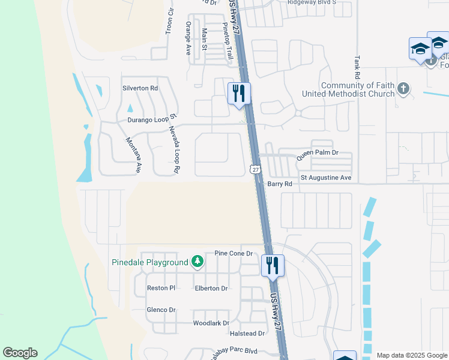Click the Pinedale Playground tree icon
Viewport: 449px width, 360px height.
point(197,262)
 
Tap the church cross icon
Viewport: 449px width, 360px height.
point(403,89)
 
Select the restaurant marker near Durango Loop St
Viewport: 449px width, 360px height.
point(239,94)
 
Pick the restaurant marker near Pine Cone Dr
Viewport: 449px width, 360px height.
point(273,266)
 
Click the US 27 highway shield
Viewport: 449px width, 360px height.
point(256,170)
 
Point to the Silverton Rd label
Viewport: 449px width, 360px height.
point(140,88)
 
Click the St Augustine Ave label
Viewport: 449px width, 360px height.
point(326,178)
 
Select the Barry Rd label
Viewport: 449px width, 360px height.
point(280,184)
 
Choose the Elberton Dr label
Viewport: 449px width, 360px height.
point(211,289)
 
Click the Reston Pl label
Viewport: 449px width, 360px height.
point(161,289)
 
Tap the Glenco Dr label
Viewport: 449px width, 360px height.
point(161,310)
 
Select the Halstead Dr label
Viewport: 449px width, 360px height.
point(247,333)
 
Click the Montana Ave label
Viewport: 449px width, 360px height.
point(133,155)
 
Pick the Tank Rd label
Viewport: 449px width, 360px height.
point(357,68)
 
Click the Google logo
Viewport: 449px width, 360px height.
point(20,353)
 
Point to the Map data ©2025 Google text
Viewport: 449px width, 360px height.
point(412,355)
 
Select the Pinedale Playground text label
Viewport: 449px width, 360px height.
point(150,262)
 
